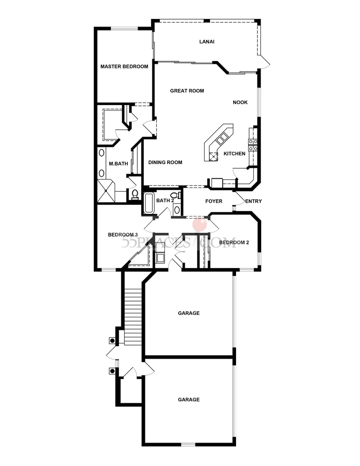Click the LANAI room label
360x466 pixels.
click(207, 41)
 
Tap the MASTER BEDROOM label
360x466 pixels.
click(124, 67)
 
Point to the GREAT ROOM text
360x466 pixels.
click(187, 90)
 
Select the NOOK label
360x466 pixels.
click(240, 102)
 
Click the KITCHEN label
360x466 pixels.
click(234, 154)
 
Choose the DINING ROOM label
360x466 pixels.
click(165, 162)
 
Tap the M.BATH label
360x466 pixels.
click(118, 164)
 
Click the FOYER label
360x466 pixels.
click(213, 201)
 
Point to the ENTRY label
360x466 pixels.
click(253, 201)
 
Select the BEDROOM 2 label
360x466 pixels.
click(234, 242)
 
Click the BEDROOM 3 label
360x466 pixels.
click(123, 235)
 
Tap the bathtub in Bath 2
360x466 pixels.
click(149, 203)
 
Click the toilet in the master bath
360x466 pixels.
click(135, 195)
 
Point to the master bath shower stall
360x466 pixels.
click(106, 191)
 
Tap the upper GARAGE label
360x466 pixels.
click(189, 313)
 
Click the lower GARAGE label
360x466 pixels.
click(189, 400)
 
